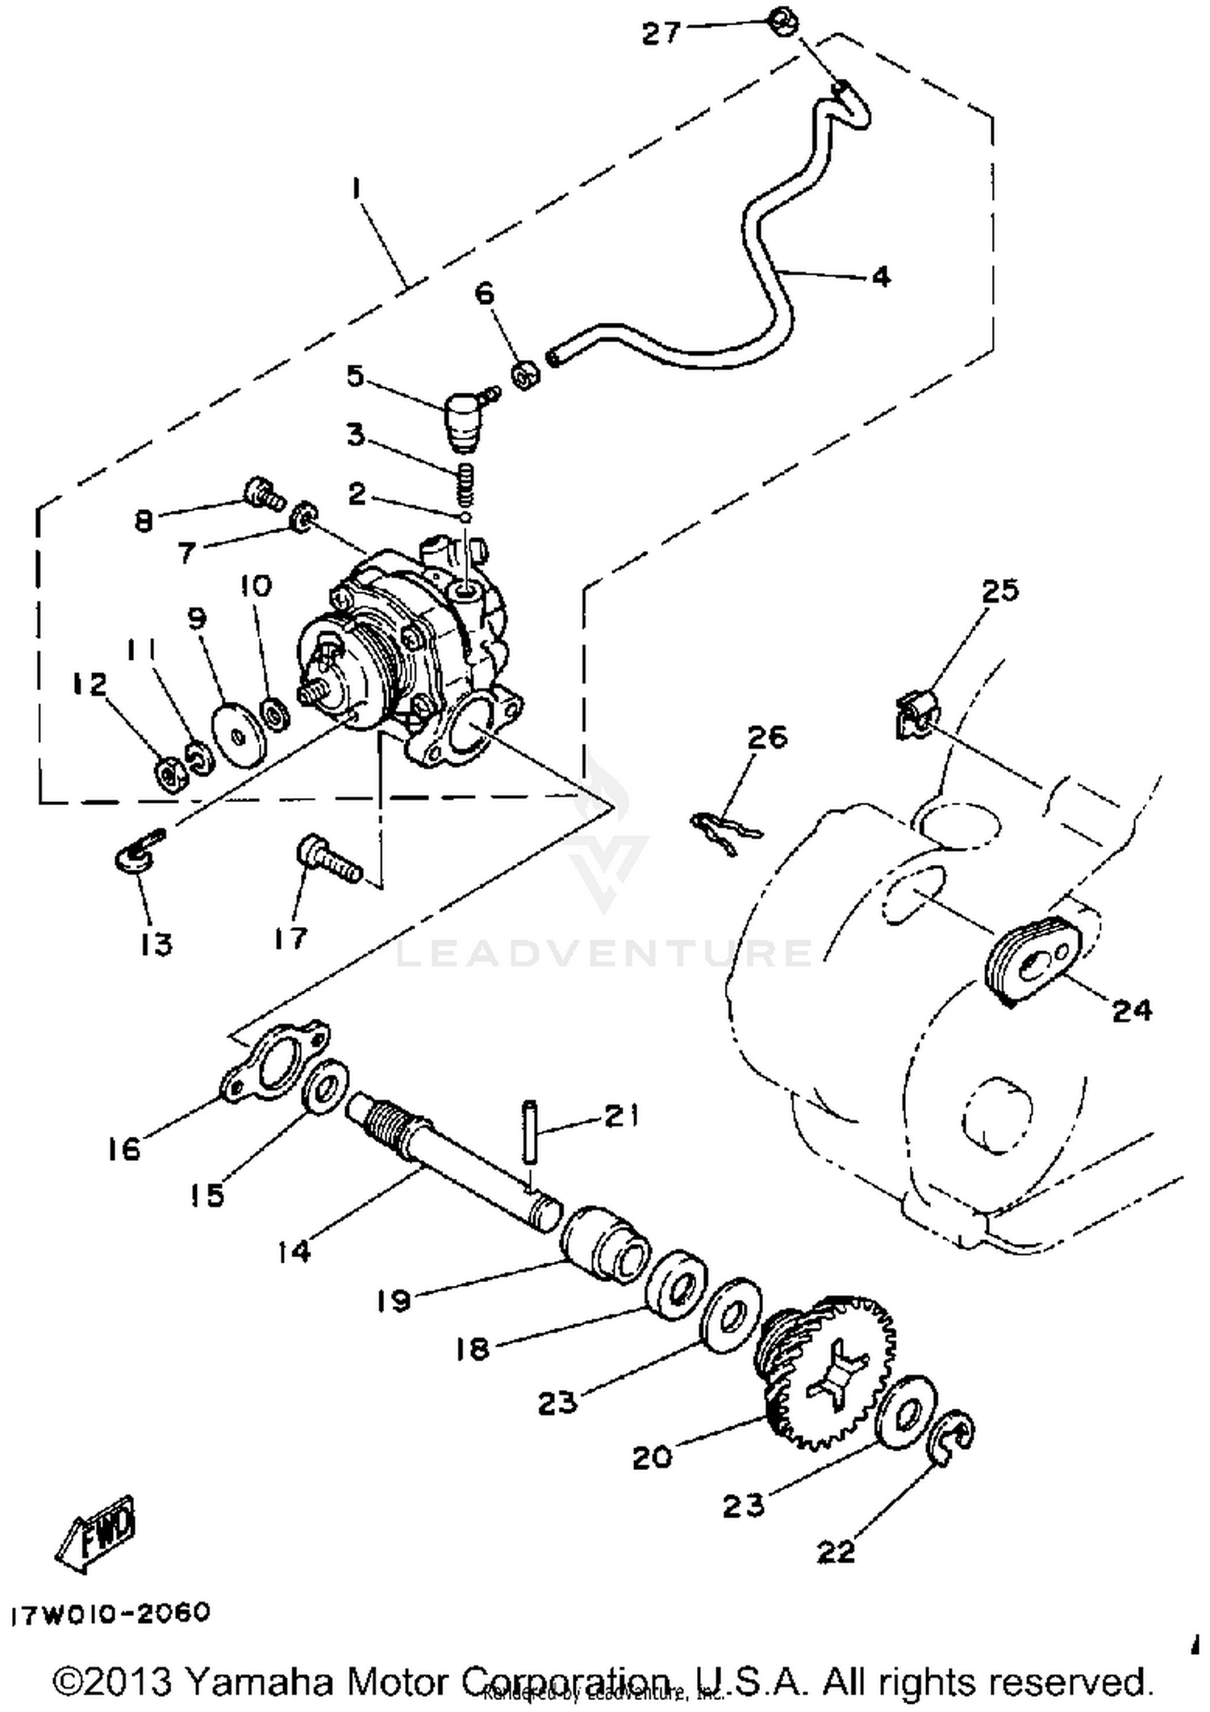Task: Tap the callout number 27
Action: (661, 33)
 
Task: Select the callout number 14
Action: (294, 1251)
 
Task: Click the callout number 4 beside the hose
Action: (881, 277)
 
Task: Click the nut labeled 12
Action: (170, 775)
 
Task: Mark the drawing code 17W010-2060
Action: (111, 1614)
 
